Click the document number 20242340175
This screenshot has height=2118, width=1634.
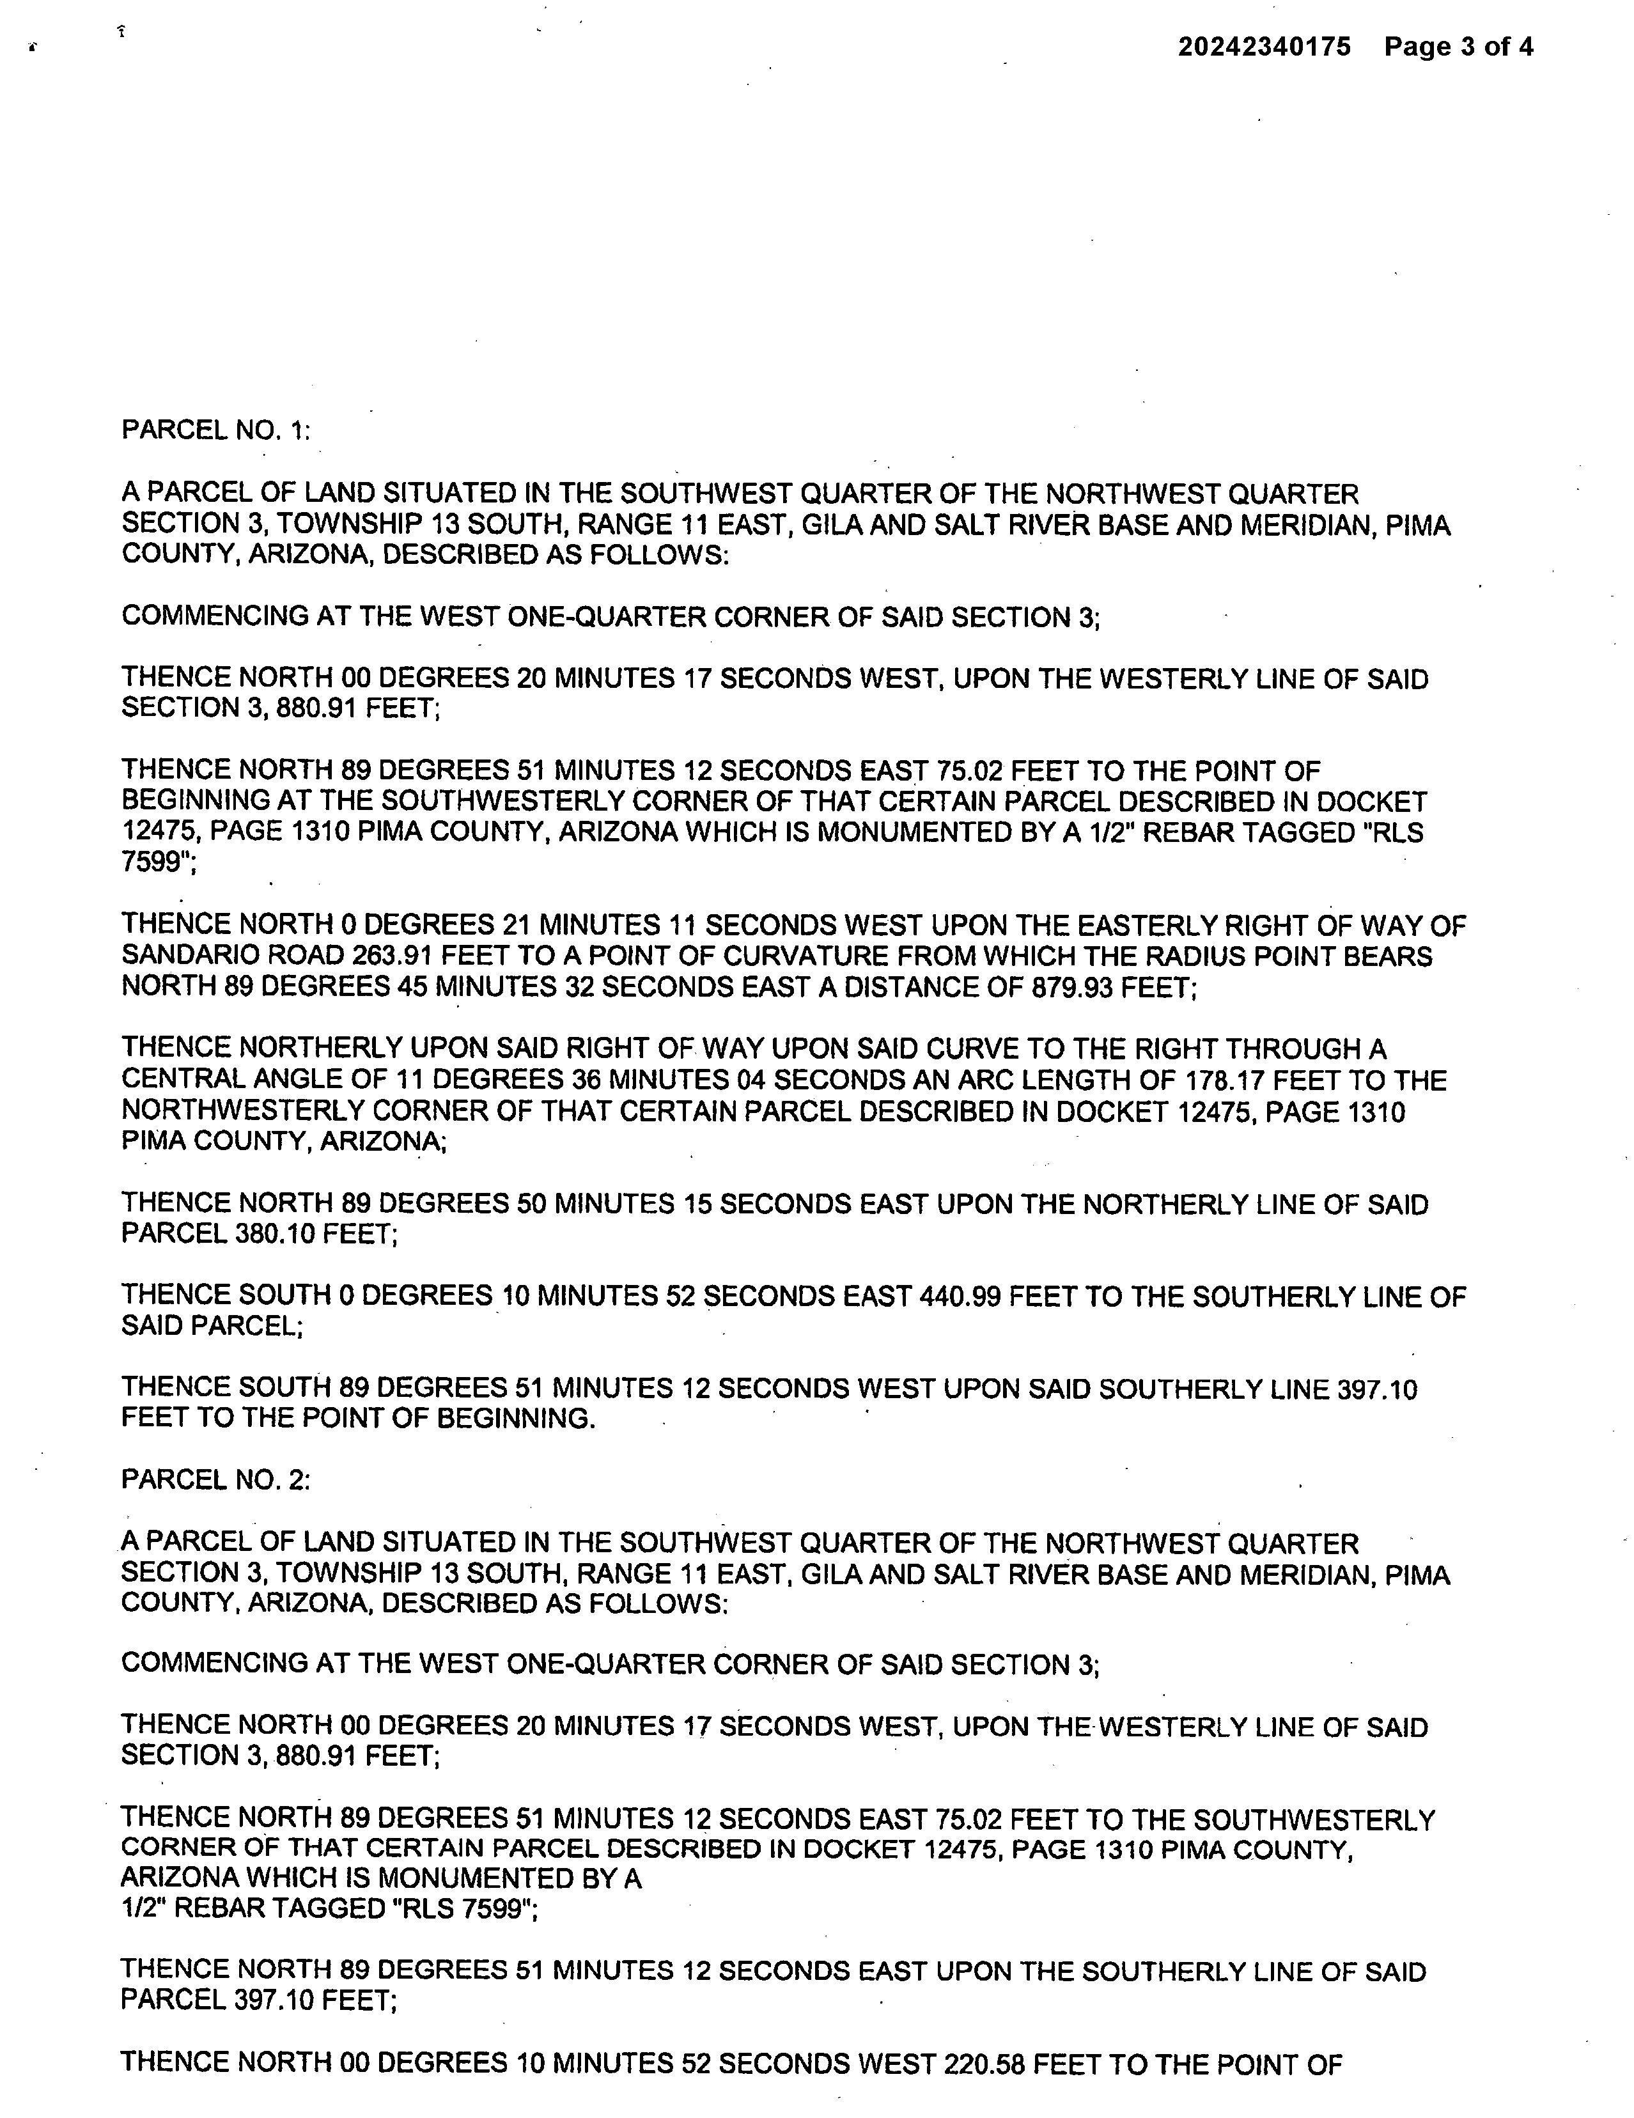1264,47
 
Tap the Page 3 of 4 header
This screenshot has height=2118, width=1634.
1458,47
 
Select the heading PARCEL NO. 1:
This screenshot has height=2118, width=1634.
215,430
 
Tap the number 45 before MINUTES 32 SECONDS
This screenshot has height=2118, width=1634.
412,987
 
